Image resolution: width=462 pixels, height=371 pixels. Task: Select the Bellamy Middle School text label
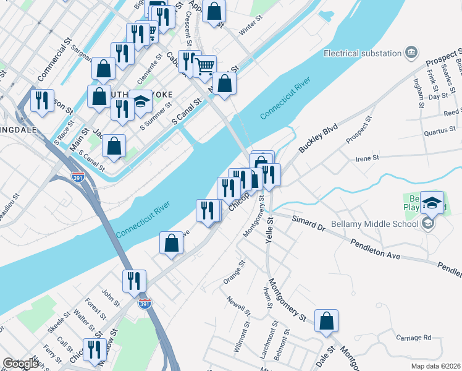(379, 223)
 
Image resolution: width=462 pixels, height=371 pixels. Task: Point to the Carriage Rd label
(414, 338)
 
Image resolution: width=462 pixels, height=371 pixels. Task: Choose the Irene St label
(367, 158)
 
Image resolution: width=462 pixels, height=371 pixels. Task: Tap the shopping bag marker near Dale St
(326, 322)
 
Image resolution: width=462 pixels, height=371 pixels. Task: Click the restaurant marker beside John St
(134, 282)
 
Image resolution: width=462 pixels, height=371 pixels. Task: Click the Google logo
(20, 364)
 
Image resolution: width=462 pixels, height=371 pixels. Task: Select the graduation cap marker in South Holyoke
(141, 102)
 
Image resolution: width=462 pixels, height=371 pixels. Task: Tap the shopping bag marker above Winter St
(214, 11)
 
